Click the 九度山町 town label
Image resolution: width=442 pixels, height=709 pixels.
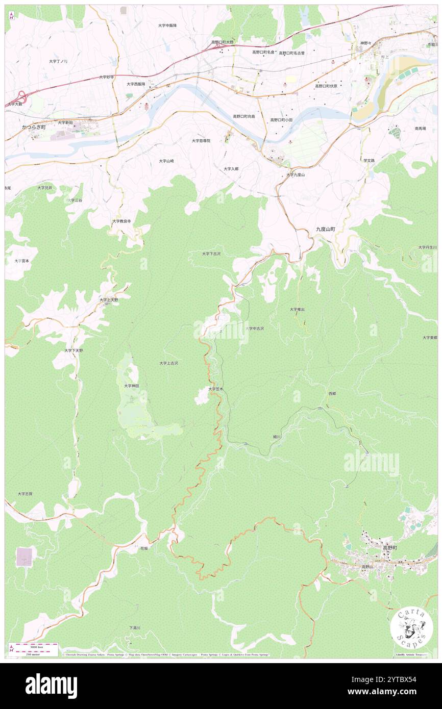coord(325,230)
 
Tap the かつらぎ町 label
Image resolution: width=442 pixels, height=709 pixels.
coord(34,126)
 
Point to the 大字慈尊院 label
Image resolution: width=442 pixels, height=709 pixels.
coord(201,140)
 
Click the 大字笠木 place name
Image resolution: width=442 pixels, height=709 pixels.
coord(216,389)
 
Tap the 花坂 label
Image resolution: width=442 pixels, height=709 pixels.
coord(144,548)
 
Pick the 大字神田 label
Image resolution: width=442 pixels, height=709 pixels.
coord(131,386)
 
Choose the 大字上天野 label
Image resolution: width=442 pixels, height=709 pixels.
coord(109,300)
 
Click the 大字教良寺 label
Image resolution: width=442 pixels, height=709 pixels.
coord(121,221)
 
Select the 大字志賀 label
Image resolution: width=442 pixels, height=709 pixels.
coord(24,494)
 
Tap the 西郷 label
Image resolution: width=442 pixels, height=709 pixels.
coord(332,394)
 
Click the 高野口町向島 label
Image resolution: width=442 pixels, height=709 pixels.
coord(243,116)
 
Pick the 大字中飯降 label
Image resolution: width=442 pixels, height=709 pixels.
coord(167,25)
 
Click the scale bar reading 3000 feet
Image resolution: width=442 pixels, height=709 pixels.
coord(33,646)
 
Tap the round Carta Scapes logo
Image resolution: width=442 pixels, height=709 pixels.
coord(411,627)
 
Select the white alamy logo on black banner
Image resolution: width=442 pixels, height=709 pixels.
coord(51,686)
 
